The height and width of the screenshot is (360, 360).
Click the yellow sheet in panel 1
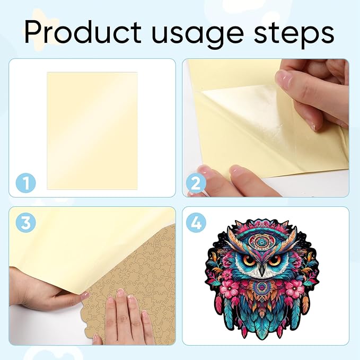click(92, 130)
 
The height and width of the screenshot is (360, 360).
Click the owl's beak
click(261, 270)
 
